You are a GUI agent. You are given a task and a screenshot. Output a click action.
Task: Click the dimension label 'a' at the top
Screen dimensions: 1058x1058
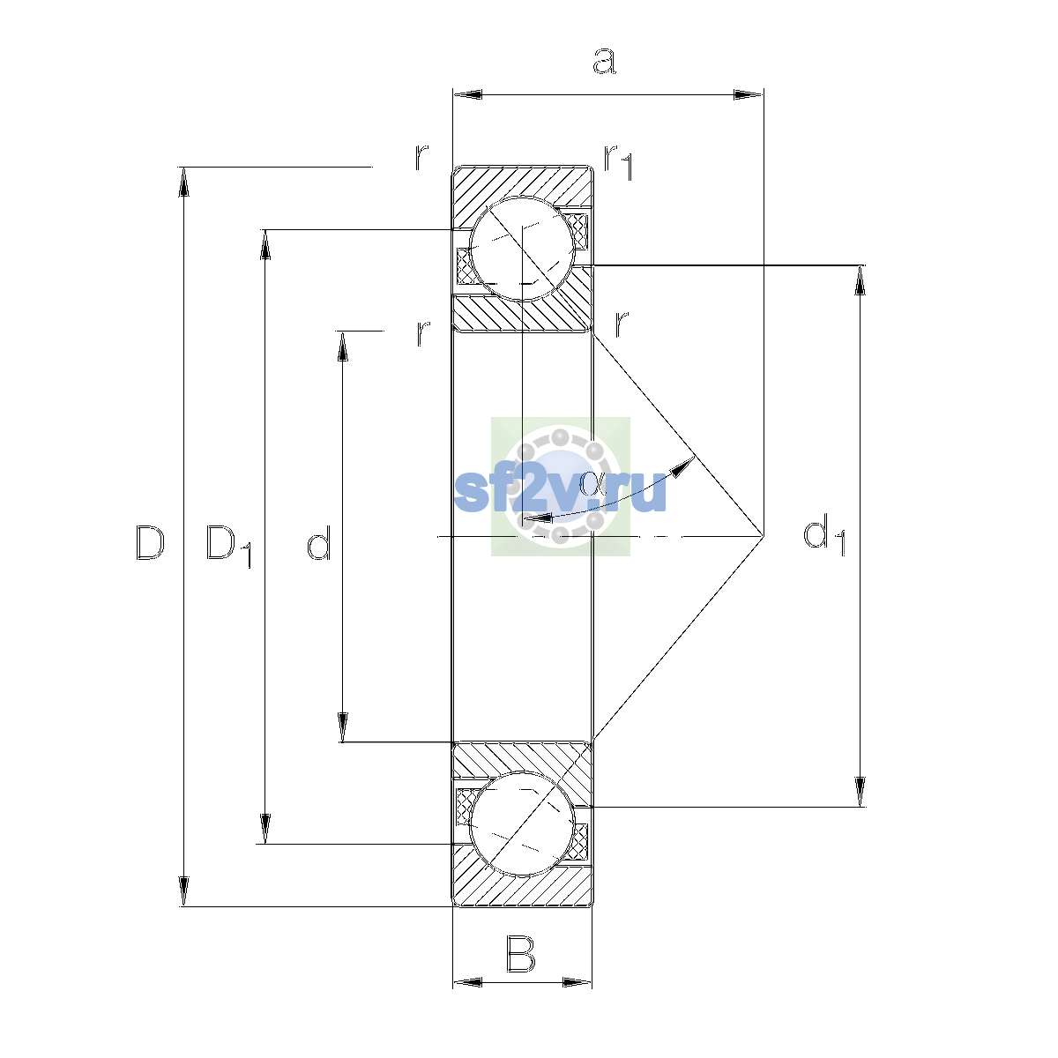pyautogui.click(x=605, y=61)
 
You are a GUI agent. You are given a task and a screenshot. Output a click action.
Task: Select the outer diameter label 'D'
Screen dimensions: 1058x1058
pyautogui.click(x=150, y=543)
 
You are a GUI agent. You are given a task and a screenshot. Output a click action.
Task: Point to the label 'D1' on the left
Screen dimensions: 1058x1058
pyautogui.click(x=229, y=546)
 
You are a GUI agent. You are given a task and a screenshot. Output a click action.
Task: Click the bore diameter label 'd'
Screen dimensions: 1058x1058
pyautogui.click(x=319, y=542)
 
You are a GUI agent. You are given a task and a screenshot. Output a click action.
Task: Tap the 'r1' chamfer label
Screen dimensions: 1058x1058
pyautogui.click(x=618, y=161)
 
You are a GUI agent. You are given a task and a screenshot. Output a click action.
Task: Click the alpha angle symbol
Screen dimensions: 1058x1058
pyautogui.click(x=593, y=484)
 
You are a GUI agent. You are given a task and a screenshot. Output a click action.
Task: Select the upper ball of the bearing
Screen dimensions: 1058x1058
pyautogui.click(x=522, y=249)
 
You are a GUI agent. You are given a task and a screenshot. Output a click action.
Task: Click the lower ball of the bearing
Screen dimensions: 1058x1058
pyautogui.click(x=522, y=823)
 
